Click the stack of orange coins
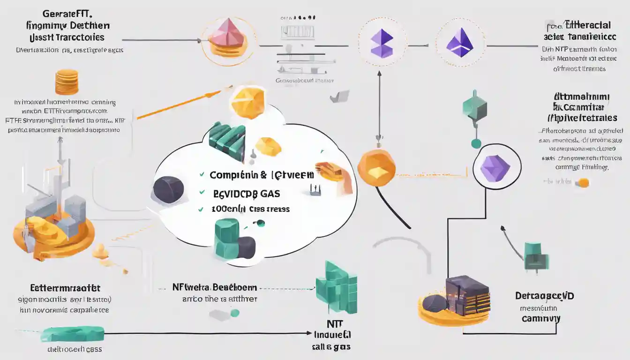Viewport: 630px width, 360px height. (x=67, y=82)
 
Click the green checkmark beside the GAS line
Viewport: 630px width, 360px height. (x=202, y=192)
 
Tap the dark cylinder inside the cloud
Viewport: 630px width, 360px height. (x=168, y=189)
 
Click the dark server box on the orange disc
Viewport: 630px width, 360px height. (x=467, y=294)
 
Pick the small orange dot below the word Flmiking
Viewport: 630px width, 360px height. (x=584, y=183)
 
